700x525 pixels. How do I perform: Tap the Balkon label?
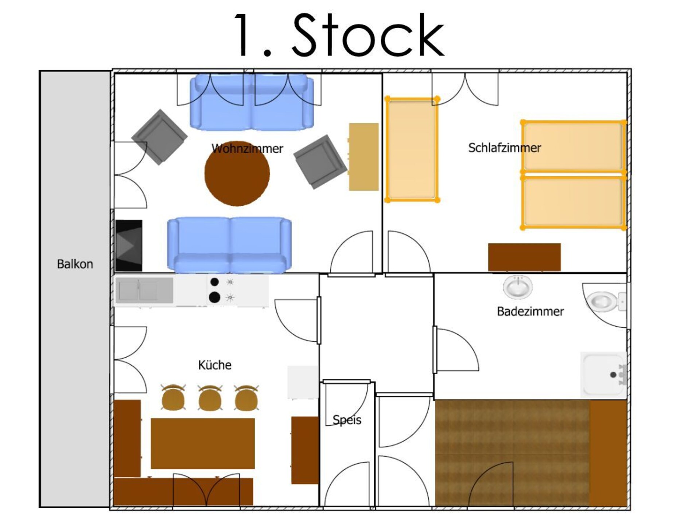coord(75,264)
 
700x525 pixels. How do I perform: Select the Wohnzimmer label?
coord(247,148)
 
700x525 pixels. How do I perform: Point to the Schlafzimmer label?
coord(505,148)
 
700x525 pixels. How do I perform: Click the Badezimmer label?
coord(530,311)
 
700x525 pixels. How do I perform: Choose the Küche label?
coord(215,365)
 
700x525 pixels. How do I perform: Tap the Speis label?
coord(347,420)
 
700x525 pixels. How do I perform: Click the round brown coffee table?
coord(237,174)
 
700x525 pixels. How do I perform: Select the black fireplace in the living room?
coord(129,245)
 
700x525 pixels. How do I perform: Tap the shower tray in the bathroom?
coord(604,374)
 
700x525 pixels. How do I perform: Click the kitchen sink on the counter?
coord(146,291)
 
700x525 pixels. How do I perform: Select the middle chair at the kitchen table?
coord(210,397)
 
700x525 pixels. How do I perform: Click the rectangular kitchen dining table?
coord(203,443)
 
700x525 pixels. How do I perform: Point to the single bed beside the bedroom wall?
coord(412,149)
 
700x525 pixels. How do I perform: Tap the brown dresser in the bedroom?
coord(524,257)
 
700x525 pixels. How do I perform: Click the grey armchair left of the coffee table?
coord(159,137)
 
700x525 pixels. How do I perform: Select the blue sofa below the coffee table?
coord(229,245)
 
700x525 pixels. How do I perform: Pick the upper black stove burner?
coord(215,282)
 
